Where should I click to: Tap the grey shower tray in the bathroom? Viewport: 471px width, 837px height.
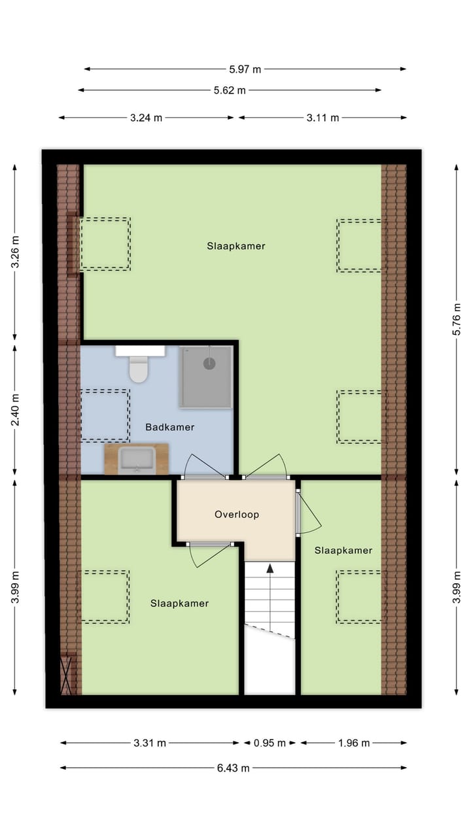[x=206, y=377]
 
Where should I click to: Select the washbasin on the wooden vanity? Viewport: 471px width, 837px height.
[x=137, y=459]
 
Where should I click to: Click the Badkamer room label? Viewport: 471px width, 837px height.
[x=169, y=427]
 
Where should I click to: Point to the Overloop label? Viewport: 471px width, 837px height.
[x=237, y=515]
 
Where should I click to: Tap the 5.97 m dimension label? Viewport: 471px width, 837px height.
[x=245, y=69]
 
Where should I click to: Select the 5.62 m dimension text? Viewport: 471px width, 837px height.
[x=229, y=90]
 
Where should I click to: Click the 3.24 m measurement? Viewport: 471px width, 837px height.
[x=146, y=118]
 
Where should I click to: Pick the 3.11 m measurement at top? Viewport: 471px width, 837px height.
[x=323, y=118]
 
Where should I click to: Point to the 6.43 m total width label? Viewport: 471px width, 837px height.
[x=234, y=768]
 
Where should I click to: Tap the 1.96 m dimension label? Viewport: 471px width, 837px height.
[x=354, y=743]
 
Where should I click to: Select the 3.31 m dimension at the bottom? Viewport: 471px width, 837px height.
[x=150, y=743]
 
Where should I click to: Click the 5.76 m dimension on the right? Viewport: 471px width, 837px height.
[x=458, y=320]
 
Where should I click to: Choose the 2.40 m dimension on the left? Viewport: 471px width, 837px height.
[x=14, y=409]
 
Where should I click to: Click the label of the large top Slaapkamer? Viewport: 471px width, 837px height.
[x=236, y=246]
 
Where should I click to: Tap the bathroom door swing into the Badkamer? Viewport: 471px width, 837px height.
[x=204, y=466]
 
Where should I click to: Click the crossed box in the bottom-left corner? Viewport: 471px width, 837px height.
[x=67, y=674]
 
